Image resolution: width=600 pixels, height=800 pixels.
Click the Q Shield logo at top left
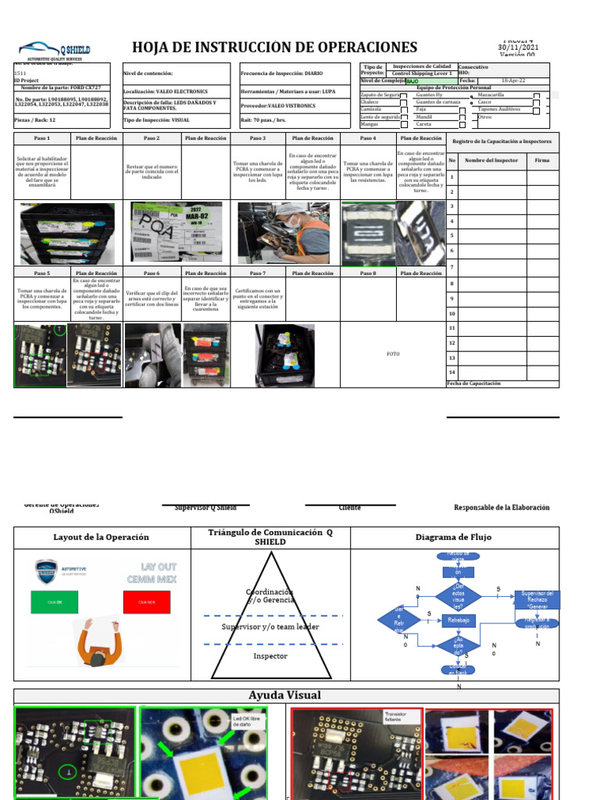click(55, 51)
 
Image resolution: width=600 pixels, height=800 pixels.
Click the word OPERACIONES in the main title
click(352, 48)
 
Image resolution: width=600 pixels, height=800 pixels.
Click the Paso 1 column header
click(42, 138)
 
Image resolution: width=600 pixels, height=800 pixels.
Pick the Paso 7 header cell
click(257, 273)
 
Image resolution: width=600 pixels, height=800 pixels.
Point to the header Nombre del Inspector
click(491, 161)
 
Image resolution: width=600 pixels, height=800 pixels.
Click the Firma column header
click(541, 161)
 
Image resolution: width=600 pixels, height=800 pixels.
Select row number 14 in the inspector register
click(452, 372)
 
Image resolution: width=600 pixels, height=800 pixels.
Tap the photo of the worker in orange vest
click(284, 232)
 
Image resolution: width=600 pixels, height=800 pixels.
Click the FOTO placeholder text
click(393, 354)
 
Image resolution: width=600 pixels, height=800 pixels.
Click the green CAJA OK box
click(55, 602)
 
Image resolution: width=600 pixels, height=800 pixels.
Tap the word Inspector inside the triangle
click(270, 656)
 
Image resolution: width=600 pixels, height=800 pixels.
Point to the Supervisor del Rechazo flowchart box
click(537, 600)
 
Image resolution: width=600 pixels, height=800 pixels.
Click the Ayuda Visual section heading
click(284, 695)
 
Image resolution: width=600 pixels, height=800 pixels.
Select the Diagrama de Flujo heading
click(455, 537)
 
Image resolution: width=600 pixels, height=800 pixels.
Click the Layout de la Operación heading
click(101, 537)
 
